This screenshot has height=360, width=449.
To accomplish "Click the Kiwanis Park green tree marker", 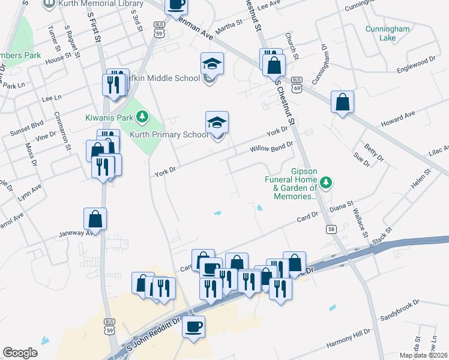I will point(142,116).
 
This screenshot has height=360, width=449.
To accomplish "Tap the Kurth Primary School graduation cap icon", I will point(217,122).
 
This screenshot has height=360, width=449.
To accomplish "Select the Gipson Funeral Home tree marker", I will point(326,181).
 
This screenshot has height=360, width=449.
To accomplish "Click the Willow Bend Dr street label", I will point(271,146).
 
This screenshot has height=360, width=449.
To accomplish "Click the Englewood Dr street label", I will point(416,64).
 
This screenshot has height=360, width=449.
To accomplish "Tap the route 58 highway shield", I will point(331,229).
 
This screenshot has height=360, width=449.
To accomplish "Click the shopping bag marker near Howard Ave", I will point(342,103).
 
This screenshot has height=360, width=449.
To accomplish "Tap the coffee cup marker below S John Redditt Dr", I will point(193,327).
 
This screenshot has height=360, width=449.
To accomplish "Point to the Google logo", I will point(20,353).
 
